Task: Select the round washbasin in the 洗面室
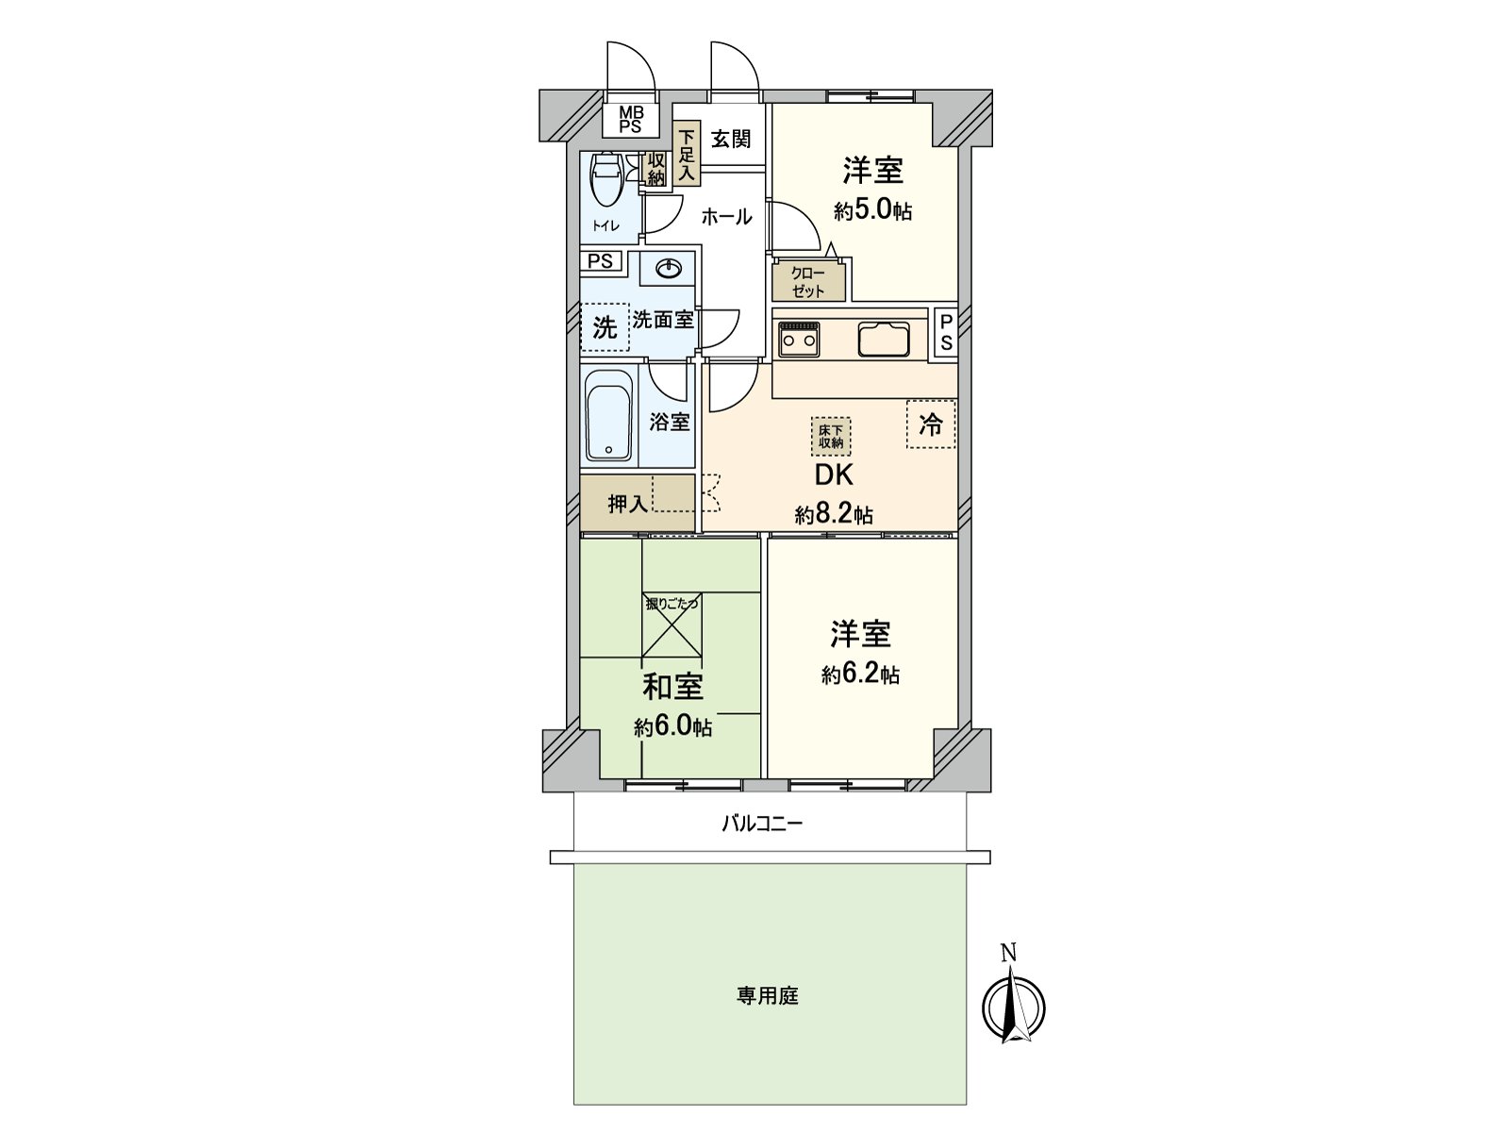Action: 669,270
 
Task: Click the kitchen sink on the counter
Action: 884,339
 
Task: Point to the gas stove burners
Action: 799,339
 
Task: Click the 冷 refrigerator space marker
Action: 931,424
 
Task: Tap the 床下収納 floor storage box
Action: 831,437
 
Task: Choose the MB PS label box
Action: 630,121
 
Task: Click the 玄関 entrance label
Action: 731,139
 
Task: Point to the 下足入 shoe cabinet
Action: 687,155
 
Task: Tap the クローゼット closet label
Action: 808,282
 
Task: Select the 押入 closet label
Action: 627,504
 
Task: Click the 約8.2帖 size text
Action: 834,515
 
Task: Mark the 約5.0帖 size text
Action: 872,210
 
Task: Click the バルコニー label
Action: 762,824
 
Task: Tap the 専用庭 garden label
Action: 768,996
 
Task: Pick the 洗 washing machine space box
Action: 605,327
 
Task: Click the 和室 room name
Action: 672,687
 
